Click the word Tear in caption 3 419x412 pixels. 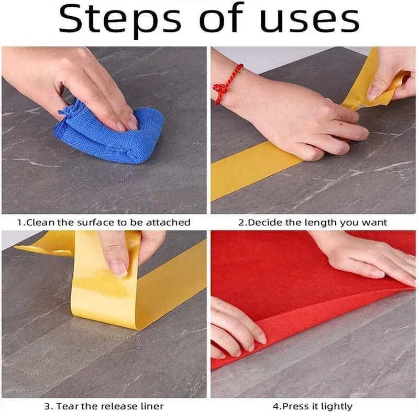(67, 406)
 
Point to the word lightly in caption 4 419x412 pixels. (335, 406)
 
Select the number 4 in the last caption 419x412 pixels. (275, 406)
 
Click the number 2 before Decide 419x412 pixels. (241, 222)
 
